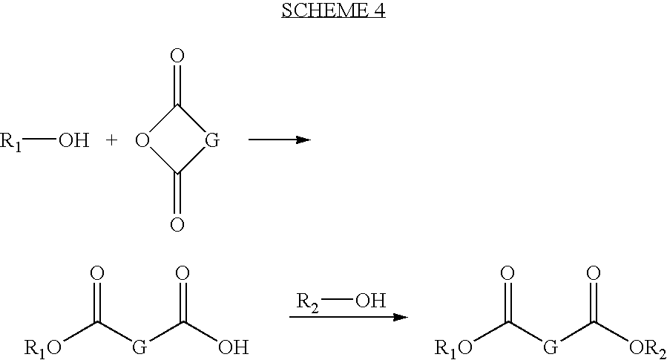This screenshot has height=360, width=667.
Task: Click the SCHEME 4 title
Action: (333, 10)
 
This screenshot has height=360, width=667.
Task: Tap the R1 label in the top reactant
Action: (10, 140)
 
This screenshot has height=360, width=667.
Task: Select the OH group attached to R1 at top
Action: (73, 140)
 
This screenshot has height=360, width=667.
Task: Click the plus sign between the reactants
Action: (111, 140)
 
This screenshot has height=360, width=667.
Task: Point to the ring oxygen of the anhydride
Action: (142, 140)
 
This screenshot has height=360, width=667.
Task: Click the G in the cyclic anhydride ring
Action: (212, 140)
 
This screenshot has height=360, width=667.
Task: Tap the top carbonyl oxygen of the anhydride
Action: (177, 56)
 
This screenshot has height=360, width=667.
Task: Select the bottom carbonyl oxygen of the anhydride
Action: (177, 224)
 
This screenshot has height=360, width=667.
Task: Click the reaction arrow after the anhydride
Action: (280, 139)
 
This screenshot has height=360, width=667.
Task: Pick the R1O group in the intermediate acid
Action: (42, 349)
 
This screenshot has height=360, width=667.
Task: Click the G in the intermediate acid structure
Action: (139, 347)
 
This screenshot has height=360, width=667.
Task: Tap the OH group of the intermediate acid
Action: (233, 347)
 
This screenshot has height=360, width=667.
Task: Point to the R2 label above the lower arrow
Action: (308, 301)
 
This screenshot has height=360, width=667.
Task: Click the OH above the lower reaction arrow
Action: (370, 301)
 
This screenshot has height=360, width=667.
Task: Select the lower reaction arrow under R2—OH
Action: (349, 317)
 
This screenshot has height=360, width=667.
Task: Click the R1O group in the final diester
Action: (453, 349)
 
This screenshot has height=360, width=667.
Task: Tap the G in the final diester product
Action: (551, 347)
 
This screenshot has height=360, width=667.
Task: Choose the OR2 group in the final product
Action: (648, 349)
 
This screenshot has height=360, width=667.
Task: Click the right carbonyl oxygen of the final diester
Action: (593, 273)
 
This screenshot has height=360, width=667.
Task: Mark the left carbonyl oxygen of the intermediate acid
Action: (97, 273)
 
